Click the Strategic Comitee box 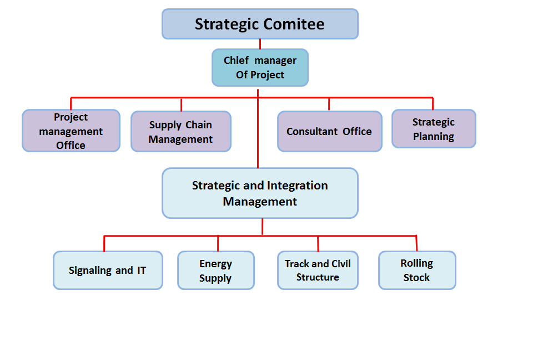click(x=260, y=24)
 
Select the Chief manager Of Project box click(x=260, y=67)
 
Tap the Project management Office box click(x=71, y=131)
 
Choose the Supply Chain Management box click(x=181, y=132)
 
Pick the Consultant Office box click(x=330, y=132)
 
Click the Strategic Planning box click(x=434, y=129)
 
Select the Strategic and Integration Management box click(x=260, y=193)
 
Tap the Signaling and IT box click(x=108, y=271)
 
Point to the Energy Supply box click(x=216, y=271)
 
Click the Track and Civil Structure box click(x=318, y=271)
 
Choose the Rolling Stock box click(x=417, y=271)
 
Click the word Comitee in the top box click(x=294, y=24)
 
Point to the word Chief click(x=235, y=61)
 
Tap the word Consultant click(x=313, y=132)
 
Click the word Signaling click(x=90, y=271)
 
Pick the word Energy click(x=216, y=264)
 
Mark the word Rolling click(x=417, y=263)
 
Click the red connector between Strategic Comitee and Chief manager click(x=260, y=44)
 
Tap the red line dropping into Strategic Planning click(x=433, y=104)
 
